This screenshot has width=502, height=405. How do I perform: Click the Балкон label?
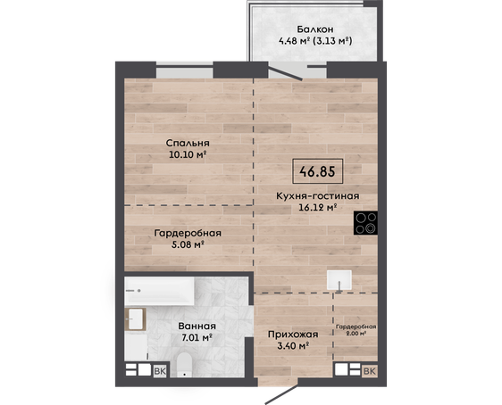tap(315, 29)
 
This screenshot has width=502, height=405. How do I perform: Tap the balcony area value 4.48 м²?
tap(294, 41)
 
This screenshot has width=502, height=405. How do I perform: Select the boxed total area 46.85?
tap(318, 171)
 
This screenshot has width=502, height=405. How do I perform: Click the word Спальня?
tap(188, 144)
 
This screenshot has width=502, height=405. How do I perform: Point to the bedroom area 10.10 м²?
tap(187, 155)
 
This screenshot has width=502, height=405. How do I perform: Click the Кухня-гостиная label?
tap(318, 195)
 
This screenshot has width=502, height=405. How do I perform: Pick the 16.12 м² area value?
tap(318, 208)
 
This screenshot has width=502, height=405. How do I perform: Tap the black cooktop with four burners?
tap(365, 223)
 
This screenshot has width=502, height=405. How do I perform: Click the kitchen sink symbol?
tap(339, 280)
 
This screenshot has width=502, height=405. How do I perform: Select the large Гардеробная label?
tap(188, 233)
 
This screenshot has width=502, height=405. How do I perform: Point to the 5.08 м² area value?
tap(188, 244)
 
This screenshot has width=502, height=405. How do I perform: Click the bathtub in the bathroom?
tap(159, 291)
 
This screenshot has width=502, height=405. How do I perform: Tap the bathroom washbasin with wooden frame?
tap(136, 319)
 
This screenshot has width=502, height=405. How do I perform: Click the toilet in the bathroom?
tap(184, 365)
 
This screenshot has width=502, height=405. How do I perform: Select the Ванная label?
tap(197, 326)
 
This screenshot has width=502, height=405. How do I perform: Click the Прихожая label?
tap(293, 335)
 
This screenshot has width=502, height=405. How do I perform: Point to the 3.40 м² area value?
tap(293, 346)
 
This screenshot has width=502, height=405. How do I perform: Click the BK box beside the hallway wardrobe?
tap(370, 371)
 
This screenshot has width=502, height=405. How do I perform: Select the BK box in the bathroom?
tap(160, 371)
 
